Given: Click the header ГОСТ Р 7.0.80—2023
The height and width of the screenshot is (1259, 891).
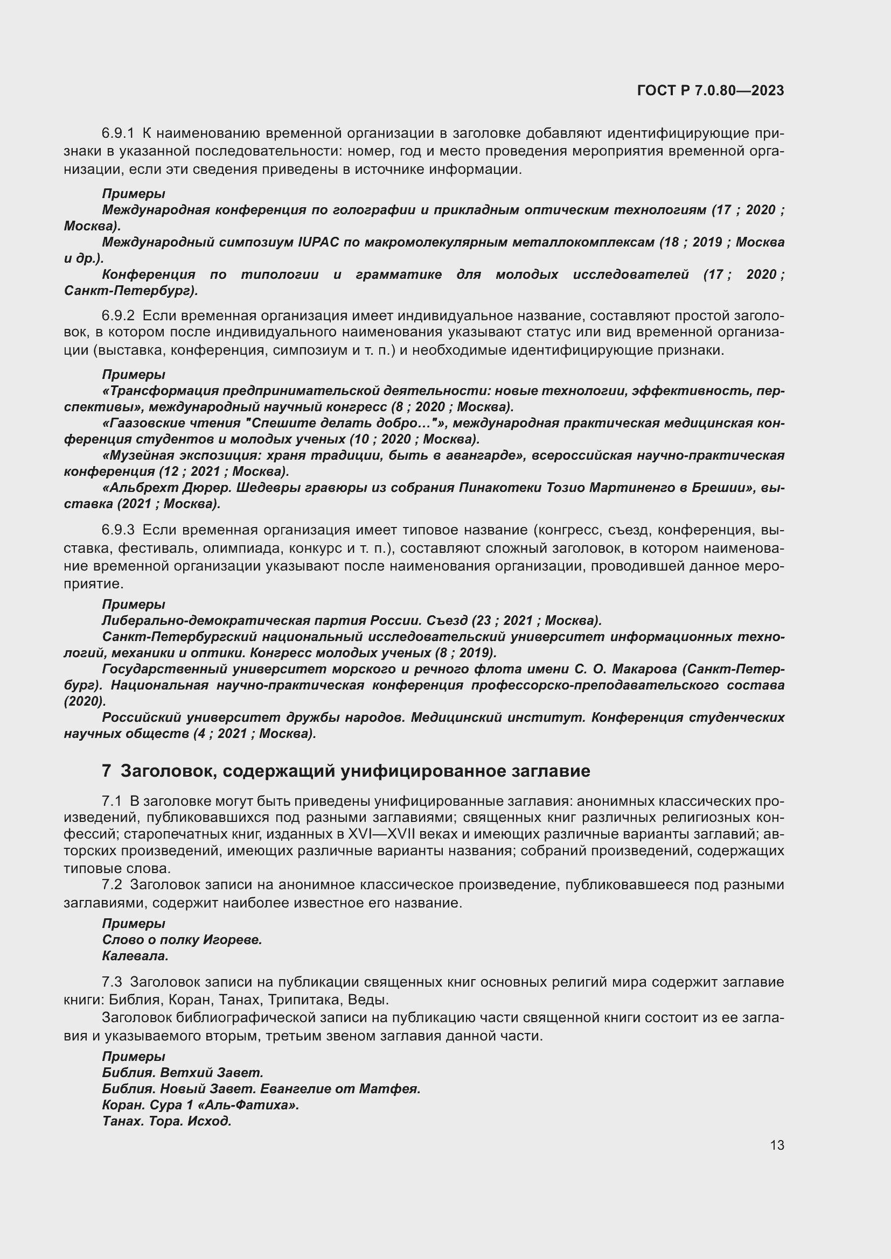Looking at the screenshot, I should tap(711, 90).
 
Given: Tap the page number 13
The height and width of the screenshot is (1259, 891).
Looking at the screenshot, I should tap(777, 1145).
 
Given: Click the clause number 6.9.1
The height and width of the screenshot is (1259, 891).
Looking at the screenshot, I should tap(117, 133).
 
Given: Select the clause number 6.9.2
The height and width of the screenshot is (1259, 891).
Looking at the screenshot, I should tap(117, 315).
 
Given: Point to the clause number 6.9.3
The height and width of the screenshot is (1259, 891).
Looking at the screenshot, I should tap(117, 530).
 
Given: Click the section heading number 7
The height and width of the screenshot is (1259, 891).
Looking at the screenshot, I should tap(107, 770).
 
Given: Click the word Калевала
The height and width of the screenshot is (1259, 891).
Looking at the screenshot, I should tap(135, 956).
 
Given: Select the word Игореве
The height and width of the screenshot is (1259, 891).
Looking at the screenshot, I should tap(232, 940).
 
